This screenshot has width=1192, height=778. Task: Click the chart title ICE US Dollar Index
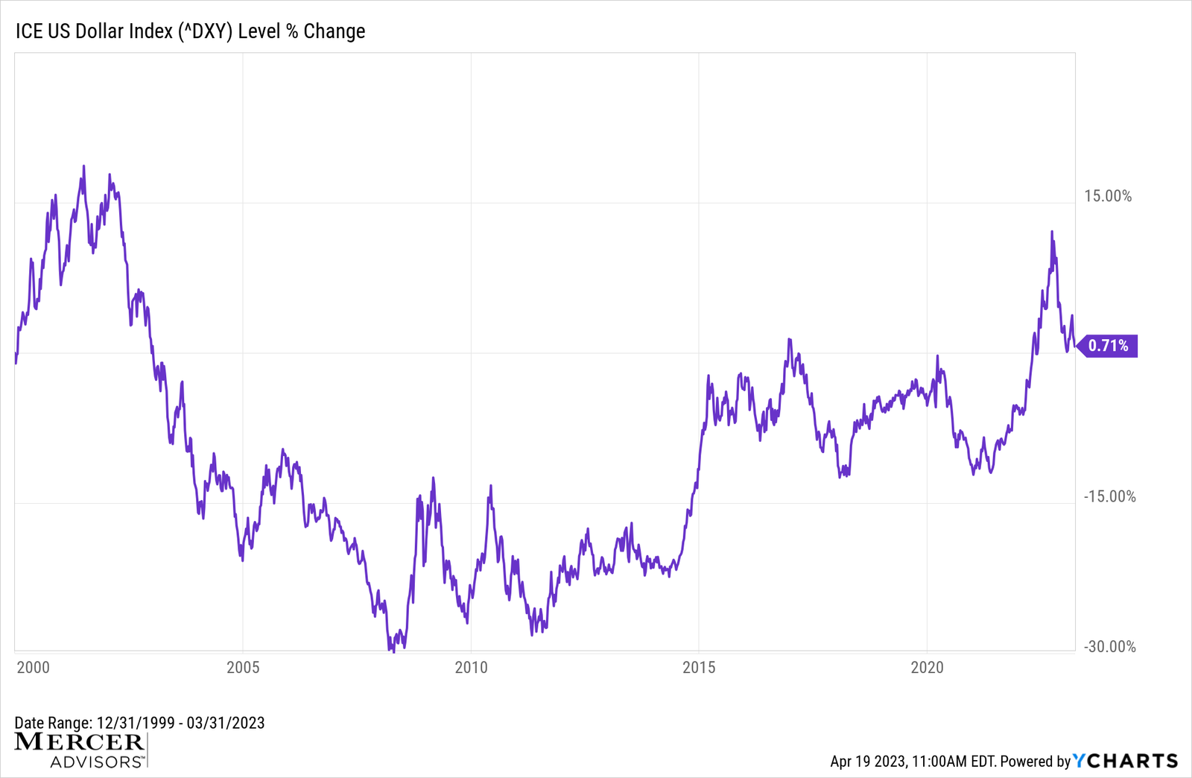(190, 31)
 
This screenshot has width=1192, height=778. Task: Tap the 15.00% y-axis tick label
(1107, 196)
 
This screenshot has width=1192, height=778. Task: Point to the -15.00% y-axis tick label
(1109, 496)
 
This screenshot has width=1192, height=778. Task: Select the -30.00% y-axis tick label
(1109, 647)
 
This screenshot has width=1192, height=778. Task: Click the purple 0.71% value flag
(1108, 346)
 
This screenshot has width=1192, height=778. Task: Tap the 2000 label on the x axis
(33, 667)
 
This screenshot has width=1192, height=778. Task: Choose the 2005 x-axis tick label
(243, 667)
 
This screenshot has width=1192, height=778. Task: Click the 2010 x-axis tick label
(471, 667)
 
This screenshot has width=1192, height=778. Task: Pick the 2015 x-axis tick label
(699, 667)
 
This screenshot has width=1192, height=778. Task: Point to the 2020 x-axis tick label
(927, 667)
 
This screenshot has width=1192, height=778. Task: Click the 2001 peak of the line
(83, 167)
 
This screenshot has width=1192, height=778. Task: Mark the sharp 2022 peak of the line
(1052, 233)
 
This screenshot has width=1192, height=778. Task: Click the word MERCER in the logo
(79, 742)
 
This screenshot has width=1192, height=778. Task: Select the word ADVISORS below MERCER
(96, 762)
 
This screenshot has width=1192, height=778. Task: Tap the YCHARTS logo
(1125, 761)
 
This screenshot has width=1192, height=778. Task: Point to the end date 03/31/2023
(226, 723)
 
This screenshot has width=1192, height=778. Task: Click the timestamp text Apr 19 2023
(867, 762)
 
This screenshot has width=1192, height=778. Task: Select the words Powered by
(1035, 762)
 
